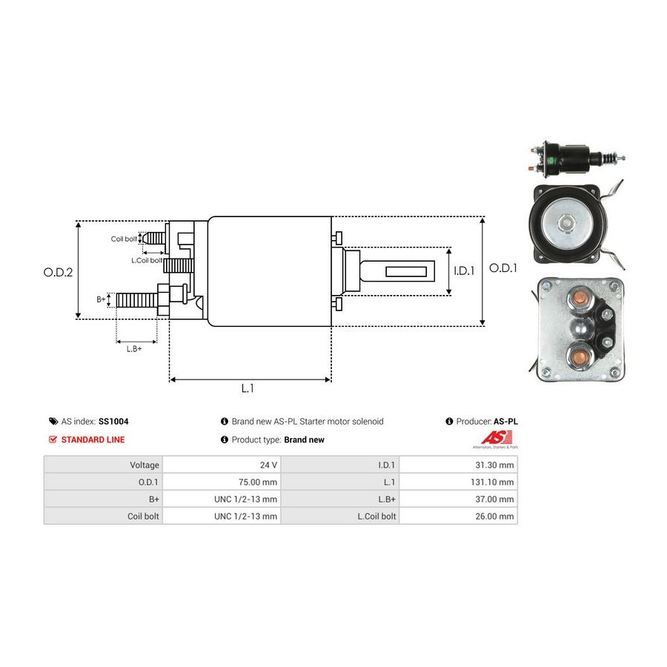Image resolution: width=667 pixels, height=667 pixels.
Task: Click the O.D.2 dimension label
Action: pos(58,272)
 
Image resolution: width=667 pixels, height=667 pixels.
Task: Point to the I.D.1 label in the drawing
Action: pos(464,271)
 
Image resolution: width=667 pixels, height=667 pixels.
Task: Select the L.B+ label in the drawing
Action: pos(134,348)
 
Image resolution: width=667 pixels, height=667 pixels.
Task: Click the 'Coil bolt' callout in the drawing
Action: pos(124,239)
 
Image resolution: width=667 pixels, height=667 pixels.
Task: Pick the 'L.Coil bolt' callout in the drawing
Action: pos(146,260)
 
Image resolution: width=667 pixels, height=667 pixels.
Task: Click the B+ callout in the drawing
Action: pos(102,299)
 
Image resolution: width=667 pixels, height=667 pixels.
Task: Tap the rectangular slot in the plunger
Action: pos(407,272)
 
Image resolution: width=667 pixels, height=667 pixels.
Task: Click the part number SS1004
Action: pos(113,421)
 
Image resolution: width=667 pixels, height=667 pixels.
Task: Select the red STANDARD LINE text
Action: pos(93,439)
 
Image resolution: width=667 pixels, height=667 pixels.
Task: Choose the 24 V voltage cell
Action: pos(268,465)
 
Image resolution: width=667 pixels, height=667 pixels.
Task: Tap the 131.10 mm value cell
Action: pos(494,482)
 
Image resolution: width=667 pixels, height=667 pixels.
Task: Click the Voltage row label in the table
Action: pos(145,465)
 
